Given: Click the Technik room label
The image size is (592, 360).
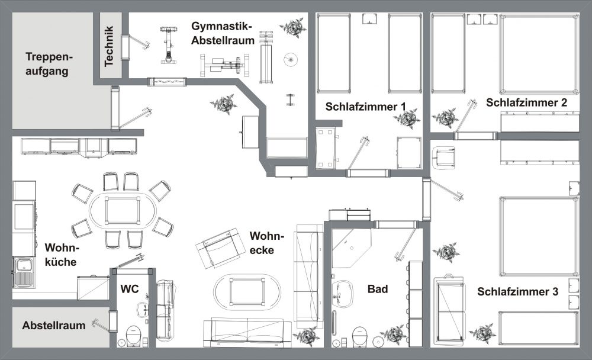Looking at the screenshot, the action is [109, 46].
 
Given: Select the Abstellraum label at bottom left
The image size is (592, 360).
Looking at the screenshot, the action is [54, 325].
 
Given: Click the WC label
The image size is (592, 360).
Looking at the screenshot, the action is [130, 289].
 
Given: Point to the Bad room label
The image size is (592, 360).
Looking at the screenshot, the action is [378, 289].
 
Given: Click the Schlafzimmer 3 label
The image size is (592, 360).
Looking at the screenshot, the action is [517, 292].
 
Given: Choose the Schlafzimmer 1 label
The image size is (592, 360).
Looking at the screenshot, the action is [365, 107].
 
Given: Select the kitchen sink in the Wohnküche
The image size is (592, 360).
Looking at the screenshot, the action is [24, 272].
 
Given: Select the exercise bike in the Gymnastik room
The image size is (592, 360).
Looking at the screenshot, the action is [168, 44].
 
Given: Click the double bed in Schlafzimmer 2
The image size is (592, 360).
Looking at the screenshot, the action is [539, 54].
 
